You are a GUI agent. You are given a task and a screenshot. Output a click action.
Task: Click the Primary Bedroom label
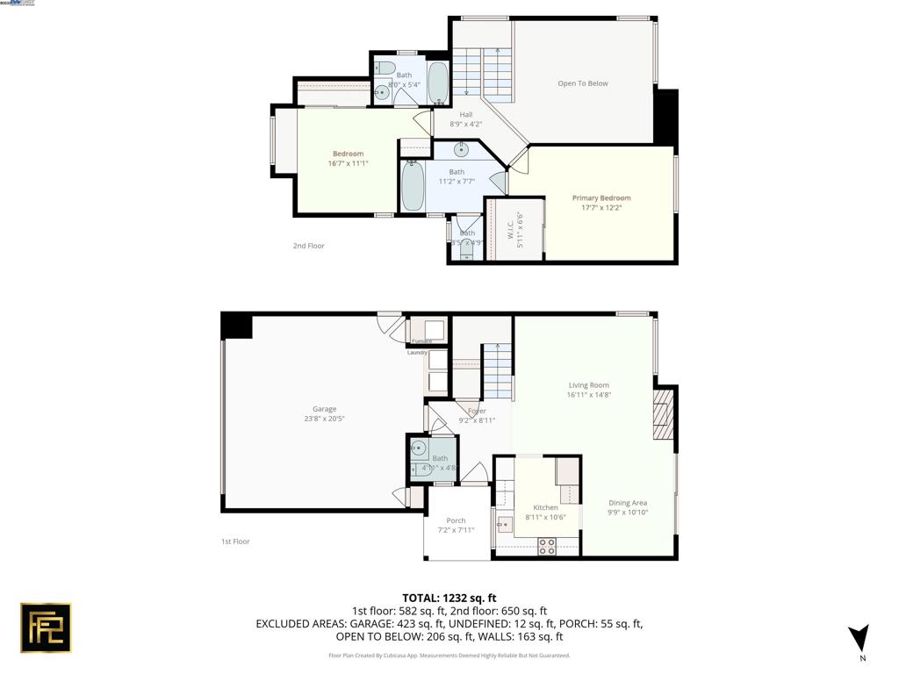(601, 198)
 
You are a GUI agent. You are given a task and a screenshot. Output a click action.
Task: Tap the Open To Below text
(582, 83)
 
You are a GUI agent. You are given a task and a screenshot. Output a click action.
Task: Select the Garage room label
(324, 409)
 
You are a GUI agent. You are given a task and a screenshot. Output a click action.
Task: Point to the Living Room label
(588, 385)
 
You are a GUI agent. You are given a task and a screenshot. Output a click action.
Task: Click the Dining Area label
(628, 503)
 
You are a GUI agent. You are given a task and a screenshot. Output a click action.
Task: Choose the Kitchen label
(545, 507)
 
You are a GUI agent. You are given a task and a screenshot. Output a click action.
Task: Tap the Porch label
(456, 520)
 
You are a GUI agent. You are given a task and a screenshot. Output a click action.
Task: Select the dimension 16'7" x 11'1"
(348, 163)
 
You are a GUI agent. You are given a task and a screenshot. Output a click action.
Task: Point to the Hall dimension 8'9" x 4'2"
(465, 124)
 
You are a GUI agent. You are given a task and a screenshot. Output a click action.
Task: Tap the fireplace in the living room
(663, 415)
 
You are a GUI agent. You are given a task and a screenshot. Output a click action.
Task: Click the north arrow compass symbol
(859, 638)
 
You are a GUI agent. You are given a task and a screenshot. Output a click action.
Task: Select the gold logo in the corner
(46, 627)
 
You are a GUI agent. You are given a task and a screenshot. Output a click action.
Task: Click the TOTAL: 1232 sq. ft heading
(449, 598)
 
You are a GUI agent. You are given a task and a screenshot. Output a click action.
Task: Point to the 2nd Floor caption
(308, 246)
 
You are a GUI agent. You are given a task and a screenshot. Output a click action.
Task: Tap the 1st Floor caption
(235, 541)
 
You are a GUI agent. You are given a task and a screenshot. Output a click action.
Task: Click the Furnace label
(421, 341)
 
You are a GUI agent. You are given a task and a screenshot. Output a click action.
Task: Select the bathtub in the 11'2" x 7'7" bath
(412, 185)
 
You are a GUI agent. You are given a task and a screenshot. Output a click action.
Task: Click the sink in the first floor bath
(419, 449)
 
